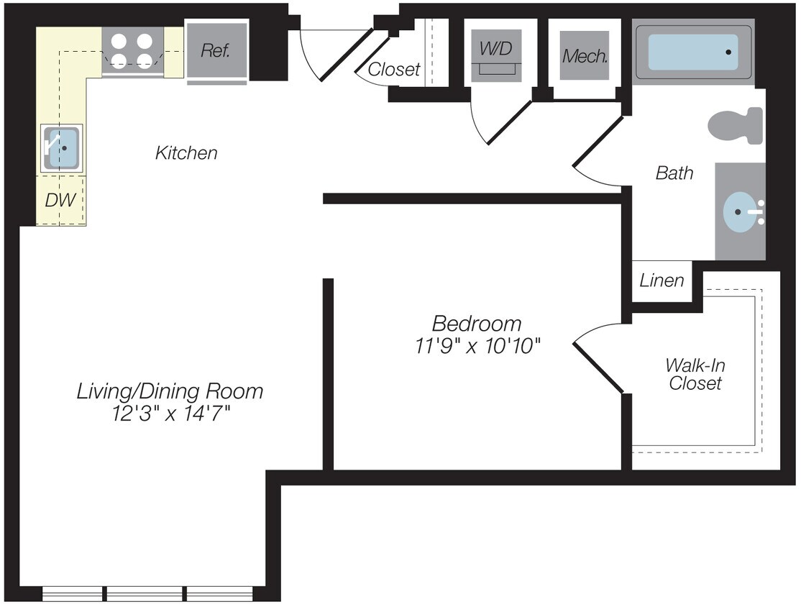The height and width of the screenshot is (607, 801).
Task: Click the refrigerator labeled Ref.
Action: click(x=216, y=50)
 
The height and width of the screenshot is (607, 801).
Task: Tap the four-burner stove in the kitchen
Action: click(x=133, y=51)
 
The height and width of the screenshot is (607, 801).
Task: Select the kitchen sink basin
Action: click(x=63, y=147)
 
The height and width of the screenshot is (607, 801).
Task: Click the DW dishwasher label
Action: click(x=60, y=201)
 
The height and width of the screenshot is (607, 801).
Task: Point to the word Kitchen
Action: click(x=186, y=152)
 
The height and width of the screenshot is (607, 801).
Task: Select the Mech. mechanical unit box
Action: click(x=585, y=55)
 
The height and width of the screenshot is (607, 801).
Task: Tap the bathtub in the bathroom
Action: click(x=693, y=52)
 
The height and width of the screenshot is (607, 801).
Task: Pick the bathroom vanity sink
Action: click(x=741, y=212)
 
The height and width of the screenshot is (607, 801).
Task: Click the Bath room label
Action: click(x=674, y=173)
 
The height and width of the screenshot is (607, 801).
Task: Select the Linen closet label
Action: click(x=662, y=280)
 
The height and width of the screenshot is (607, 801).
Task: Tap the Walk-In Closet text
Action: click(x=695, y=374)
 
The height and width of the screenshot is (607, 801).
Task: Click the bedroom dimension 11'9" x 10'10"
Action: click(x=477, y=347)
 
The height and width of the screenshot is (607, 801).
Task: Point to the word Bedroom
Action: click(x=477, y=323)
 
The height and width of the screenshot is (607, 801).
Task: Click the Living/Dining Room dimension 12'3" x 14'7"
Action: click(x=170, y=415)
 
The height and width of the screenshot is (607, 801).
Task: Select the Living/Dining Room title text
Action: click(x=170, y=391)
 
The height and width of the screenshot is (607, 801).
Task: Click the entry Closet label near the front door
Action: click(x=394, y=70)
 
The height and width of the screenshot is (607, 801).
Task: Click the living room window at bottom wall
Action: click(x=147, y=593)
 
